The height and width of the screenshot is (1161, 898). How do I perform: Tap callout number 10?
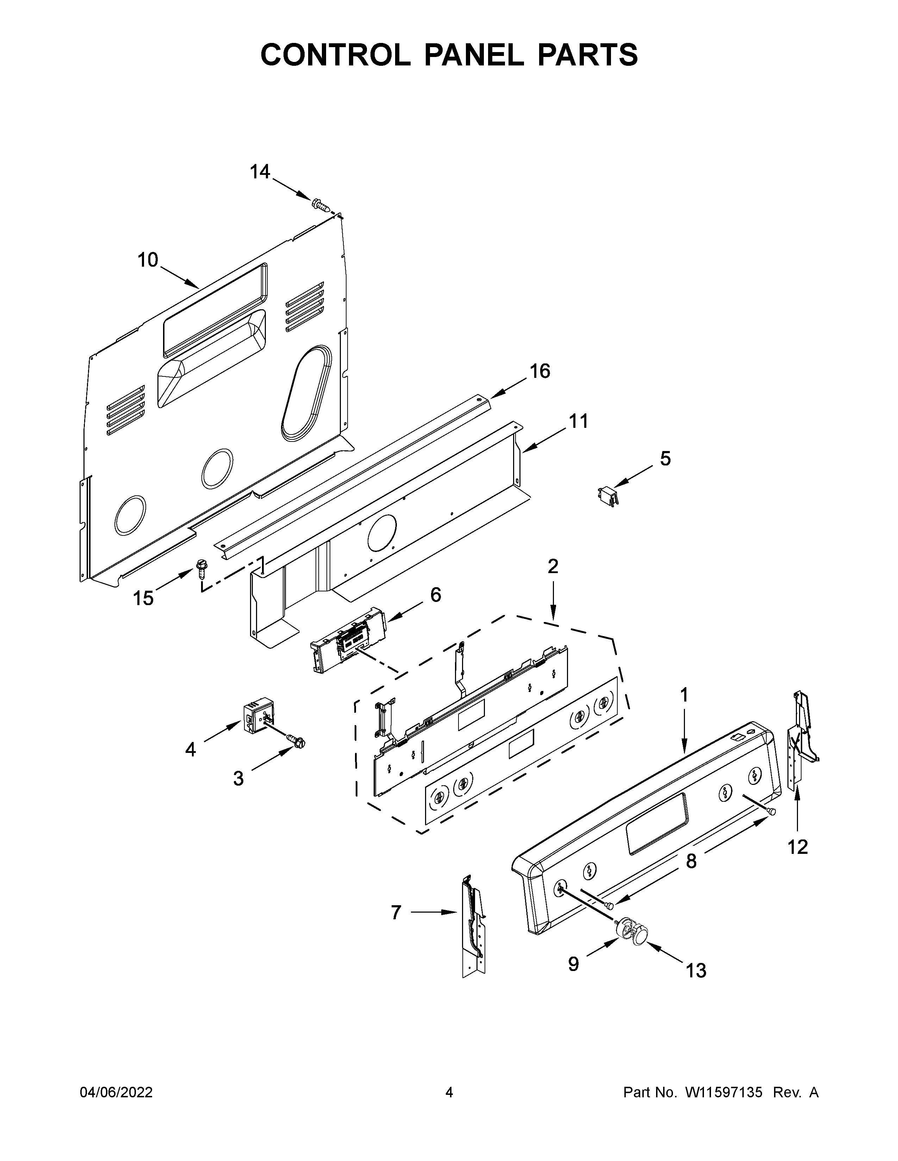pyautogui.click(x=148, y=260)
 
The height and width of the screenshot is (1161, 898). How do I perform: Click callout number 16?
pyautogui.click(x=540, y=371)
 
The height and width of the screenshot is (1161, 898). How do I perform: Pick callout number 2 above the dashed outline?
pyautogui.click(x=553, y=567)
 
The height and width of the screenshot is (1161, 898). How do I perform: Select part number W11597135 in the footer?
pyautogui.click(x=724, y=1092)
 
